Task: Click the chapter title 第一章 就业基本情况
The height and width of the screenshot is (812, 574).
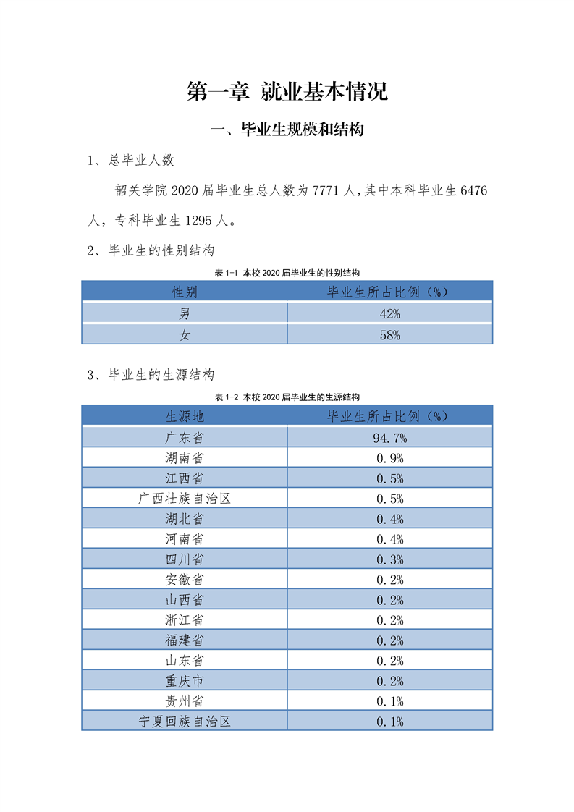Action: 287,92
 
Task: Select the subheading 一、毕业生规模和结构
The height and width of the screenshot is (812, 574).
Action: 287,130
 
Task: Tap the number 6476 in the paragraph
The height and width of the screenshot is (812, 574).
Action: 474,191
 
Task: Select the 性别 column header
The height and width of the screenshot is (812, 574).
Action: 185,292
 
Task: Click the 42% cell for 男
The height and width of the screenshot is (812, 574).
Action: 389,313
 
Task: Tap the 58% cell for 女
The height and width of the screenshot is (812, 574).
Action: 389,334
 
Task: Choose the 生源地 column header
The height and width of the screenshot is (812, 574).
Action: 185,416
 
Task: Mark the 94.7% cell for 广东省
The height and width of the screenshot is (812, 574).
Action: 389,438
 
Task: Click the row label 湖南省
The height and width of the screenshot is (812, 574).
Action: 185,458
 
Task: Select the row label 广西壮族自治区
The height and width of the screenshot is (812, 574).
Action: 185,499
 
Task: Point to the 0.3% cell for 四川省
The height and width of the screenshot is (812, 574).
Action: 389,559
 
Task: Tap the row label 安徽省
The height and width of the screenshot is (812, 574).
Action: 185,580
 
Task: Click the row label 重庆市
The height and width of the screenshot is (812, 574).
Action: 185,681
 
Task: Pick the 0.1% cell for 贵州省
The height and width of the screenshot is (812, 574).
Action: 389,701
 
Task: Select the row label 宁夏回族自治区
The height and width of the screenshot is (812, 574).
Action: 185,722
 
